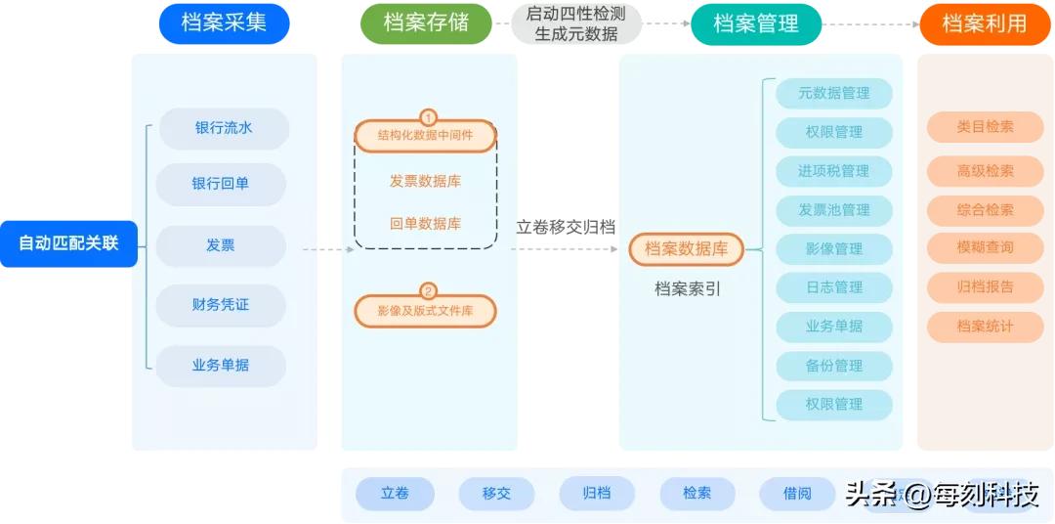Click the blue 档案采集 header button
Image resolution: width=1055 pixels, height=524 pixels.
[224, 23]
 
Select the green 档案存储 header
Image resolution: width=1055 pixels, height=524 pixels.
[426, 23]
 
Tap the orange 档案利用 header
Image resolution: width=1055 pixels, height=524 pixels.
[985, 23]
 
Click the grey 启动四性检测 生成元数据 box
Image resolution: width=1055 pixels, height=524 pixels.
[576, 23]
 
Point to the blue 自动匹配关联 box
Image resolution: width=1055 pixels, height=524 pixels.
[68, 242]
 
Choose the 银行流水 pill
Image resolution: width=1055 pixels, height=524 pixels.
[224, 128]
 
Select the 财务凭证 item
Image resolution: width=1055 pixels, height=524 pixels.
[221, 305]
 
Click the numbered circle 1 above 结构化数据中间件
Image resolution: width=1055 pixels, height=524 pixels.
[427, 117]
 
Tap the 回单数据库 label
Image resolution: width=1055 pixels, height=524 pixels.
[425, 223]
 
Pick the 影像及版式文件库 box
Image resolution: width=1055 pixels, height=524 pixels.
[425, 311]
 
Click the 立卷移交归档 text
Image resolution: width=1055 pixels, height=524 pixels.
[566, 227]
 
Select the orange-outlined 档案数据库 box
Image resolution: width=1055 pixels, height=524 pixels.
[686, 249]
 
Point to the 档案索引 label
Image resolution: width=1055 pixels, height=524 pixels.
[688, 289]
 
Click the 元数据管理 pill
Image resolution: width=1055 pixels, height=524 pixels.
[833, 94]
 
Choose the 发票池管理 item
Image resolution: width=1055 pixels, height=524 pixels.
[833, 210]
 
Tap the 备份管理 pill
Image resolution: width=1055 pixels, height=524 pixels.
[833, 366]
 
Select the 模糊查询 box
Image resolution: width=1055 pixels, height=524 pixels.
[985, 247]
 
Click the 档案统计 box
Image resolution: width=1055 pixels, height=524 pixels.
[985, 327]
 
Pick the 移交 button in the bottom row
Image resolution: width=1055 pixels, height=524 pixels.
[496, 494]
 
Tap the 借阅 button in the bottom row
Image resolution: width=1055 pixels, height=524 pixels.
[797, 494]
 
